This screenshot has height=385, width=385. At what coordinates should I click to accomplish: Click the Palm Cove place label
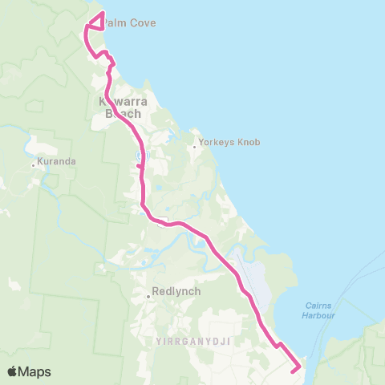coord(128,23)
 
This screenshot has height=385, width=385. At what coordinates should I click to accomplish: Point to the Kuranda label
coord(58,162)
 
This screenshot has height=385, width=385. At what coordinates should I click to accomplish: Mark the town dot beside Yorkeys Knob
coord(195,146)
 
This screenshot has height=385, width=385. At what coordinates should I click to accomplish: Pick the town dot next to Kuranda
coord(34,165)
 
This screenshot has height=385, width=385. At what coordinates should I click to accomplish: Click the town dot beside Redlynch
coord(148,295)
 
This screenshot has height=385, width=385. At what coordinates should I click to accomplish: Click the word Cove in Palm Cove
coord(143,23)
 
